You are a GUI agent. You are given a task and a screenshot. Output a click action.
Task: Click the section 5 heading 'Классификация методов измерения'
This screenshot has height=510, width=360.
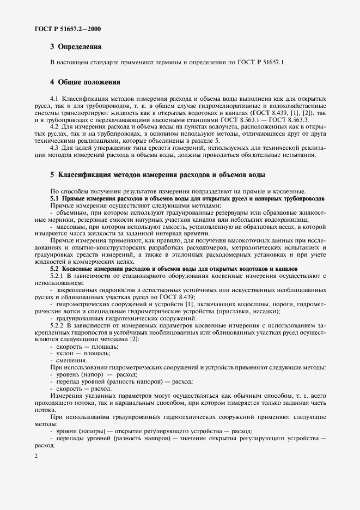click(157, 175)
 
